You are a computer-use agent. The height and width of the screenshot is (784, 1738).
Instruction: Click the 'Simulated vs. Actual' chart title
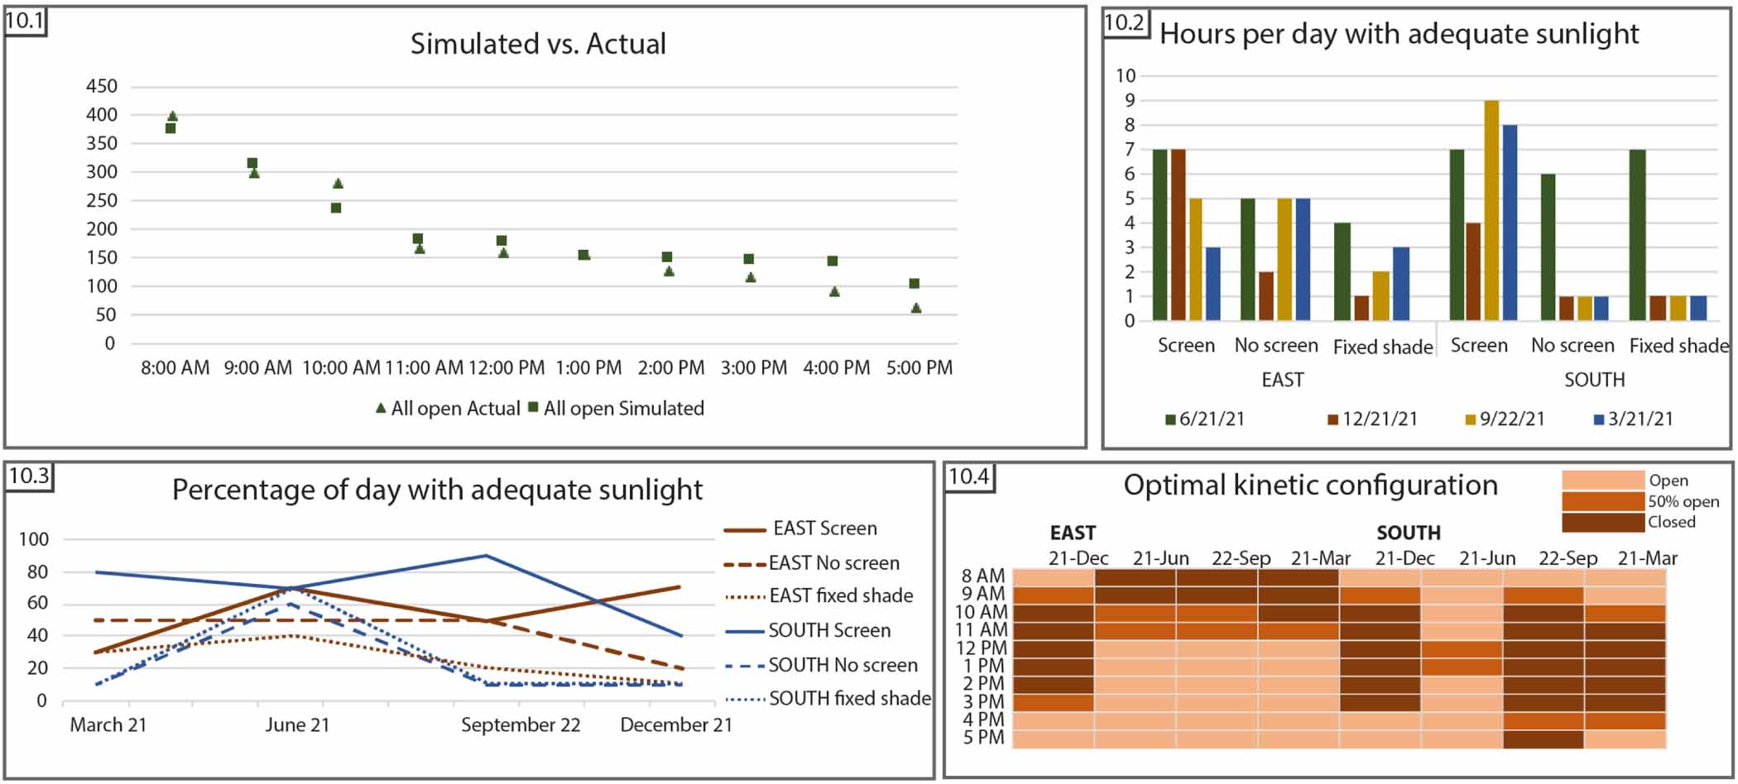tap(538, 44)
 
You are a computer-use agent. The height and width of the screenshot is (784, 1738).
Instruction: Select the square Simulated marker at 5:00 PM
tap(915, 284)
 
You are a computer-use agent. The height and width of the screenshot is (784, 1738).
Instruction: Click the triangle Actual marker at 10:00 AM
tap(338, 184)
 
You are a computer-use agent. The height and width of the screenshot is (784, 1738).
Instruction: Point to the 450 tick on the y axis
tap(102, 86)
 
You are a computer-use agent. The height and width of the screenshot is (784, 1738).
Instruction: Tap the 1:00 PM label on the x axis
tap(588, 368)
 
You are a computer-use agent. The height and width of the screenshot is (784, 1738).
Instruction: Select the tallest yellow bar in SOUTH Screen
tap(1491, 211)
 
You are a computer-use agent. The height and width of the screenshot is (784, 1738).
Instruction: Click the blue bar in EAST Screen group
tap(1213, 284)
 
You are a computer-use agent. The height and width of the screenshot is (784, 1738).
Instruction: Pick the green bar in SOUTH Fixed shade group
tap(1637, 235)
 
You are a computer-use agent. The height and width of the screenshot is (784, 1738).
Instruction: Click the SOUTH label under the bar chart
tap(1594, 380)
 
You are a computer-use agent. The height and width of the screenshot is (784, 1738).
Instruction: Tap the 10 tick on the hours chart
tap(1126, 76)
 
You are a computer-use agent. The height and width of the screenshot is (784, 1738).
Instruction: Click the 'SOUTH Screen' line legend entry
tap(828, 631)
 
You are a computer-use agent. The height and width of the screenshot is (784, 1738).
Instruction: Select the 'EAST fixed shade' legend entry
tap(840, 596)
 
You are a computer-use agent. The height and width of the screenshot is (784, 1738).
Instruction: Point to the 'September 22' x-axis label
tap(521, 725)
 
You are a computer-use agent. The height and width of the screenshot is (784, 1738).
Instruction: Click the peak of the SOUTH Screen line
tap(486, 556)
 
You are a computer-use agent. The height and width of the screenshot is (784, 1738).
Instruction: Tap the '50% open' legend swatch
tap(1602, 501)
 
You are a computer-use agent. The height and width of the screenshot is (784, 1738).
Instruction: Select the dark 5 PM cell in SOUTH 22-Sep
tap(1544, 739)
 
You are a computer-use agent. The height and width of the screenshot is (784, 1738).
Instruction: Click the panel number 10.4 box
tap(969, 477)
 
